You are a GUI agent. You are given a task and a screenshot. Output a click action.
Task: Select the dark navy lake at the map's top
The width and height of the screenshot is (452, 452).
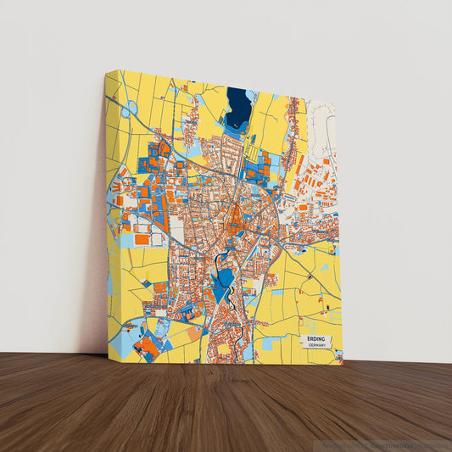pos(239,105)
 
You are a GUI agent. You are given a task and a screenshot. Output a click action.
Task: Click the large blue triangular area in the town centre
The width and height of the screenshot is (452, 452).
pos(222,284)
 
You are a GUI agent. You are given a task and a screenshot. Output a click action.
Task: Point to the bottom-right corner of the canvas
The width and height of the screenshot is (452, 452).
pos(343,365)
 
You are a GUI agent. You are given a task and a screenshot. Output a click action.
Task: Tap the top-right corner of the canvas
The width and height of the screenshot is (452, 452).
pos(336,103)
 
